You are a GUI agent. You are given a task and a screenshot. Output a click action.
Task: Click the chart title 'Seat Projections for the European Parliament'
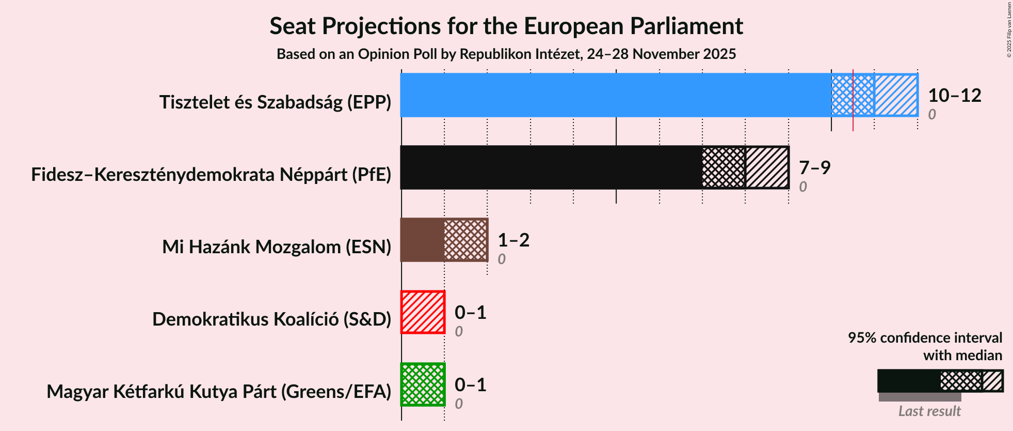click(x=506, y=26)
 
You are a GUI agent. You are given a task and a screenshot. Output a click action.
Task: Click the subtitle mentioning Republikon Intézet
click(x=506, y=54)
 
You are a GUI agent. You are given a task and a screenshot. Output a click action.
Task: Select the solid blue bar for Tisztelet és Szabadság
click(x=614, y=95)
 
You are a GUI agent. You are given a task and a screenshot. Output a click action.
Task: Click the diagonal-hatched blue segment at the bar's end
click(x=896, y=95)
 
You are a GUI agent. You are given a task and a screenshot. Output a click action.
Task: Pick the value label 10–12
click(x=954, y=95)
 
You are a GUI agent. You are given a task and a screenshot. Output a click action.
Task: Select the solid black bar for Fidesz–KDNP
click(x=550, y=167)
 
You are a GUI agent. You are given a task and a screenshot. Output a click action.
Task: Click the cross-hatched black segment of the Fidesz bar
click(x=723, y=167)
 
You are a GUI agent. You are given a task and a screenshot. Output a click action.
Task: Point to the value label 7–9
click(x=814, y=167)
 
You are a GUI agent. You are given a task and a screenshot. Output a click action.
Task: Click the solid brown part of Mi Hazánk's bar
click(x=422, y=240)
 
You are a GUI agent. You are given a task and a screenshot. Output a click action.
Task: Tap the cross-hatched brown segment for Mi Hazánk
click(x=465, y=240)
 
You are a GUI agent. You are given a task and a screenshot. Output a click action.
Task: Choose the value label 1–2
click(x=513, y=240)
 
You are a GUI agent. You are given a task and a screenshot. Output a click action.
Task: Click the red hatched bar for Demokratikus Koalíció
click(x=423, y=312)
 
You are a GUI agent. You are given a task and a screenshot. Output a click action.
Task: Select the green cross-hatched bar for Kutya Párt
click(x=423, y=384)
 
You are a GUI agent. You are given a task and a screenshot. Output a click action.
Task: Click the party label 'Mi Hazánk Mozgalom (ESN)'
click(x=277, y=247)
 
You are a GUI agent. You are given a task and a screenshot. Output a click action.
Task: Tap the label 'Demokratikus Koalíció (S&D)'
click(x=271, y=319)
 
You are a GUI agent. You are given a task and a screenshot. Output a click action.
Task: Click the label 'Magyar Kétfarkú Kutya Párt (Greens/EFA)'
click(x=219, y=392)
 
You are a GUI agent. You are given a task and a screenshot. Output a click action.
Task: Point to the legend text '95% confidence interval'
click(x=925, y=338)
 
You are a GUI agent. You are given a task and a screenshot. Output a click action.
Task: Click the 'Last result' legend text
click(x=929, y=411)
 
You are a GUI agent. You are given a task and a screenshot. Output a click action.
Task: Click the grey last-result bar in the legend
click(x=920, y=397)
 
